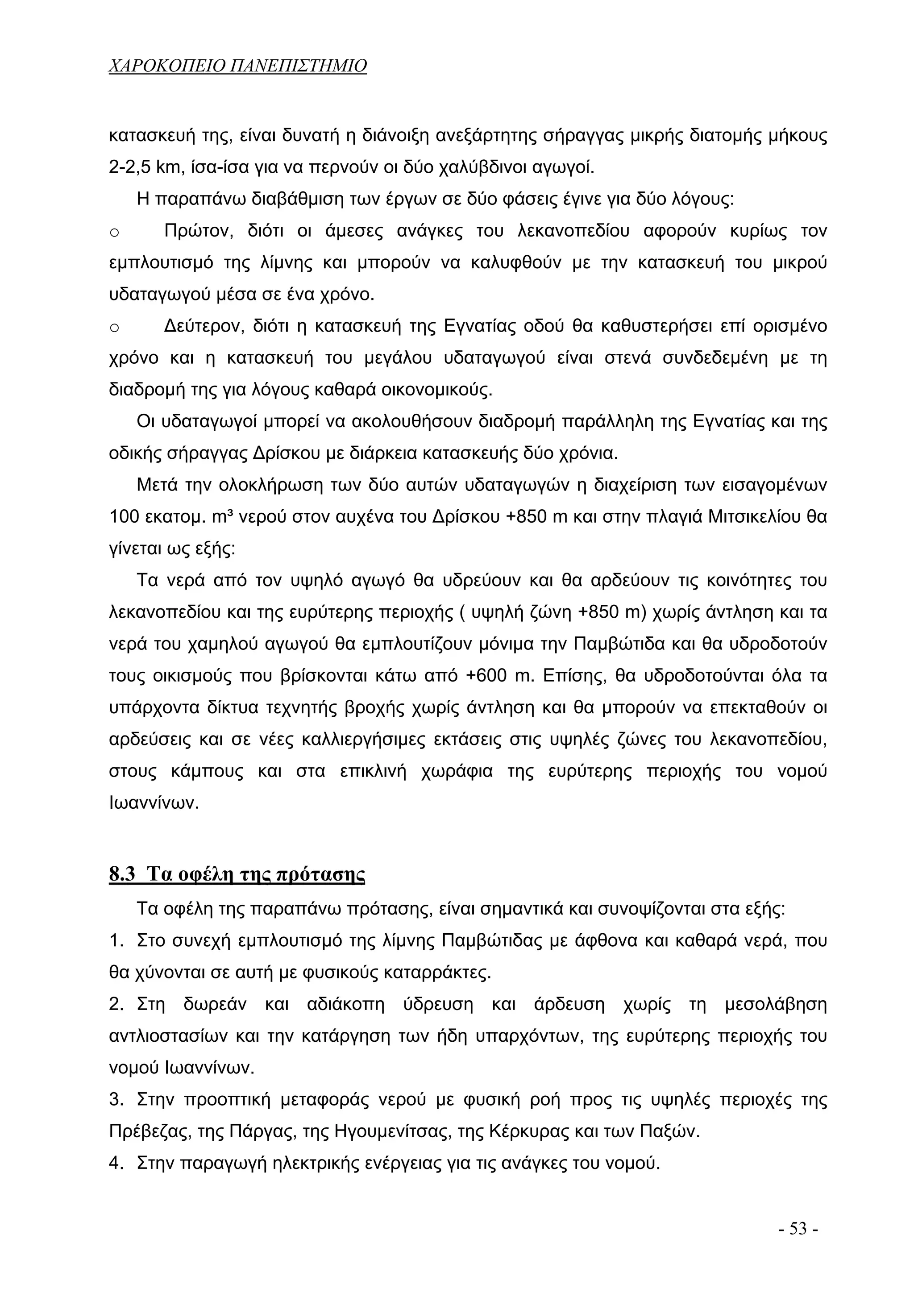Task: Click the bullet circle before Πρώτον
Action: (114, 233)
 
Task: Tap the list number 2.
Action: (116, 1005)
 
